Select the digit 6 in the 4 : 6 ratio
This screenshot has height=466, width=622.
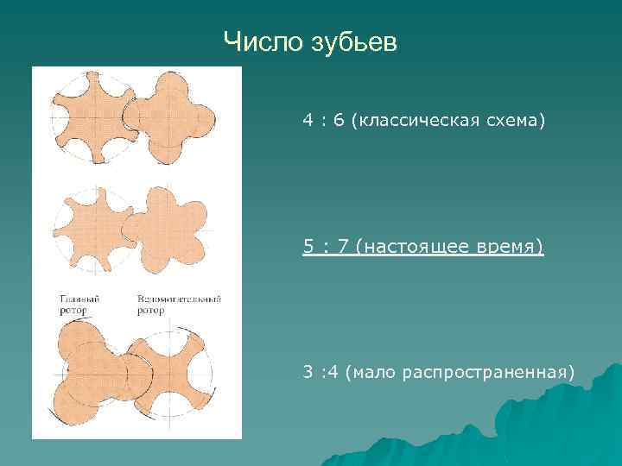tap(338, 121)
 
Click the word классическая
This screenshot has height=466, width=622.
tap(414, 121)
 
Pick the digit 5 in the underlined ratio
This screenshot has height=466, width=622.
tap(308, 247)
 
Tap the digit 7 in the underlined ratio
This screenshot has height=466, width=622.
tap(343, 247)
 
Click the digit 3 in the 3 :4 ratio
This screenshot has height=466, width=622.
tap(308, 372)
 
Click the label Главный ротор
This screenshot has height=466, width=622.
tap(79, 304)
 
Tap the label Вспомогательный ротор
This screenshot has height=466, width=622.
tap(179, 304)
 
